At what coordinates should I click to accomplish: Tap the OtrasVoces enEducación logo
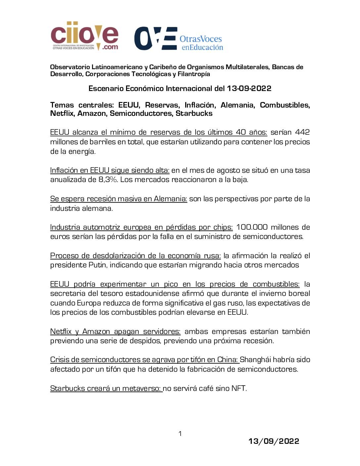(178, 39)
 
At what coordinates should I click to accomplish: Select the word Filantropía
(194, 74)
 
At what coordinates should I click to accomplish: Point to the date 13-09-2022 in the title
(249, 89)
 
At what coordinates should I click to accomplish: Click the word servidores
(161, 332)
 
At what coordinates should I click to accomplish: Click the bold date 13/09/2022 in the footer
(274, 442)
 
